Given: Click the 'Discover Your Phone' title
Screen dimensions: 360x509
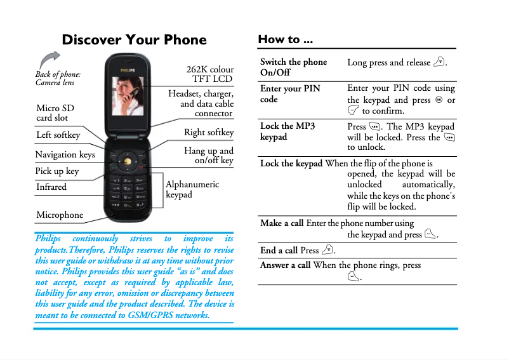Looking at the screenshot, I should point(134,40).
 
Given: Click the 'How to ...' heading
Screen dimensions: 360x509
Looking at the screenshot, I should point(285,39).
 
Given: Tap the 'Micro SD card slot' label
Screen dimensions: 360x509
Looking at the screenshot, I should point(55,113).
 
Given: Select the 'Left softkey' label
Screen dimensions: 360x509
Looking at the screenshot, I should point(58,135).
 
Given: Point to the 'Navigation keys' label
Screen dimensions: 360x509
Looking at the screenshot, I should point(65,154).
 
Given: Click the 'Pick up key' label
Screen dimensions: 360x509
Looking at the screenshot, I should point(57,171).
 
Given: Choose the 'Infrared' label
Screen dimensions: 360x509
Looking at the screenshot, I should point(51,187).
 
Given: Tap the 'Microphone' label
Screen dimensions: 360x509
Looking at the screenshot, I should point(60,215).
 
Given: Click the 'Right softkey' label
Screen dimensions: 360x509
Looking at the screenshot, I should point(209,133).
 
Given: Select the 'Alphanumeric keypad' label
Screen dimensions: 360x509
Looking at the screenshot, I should point(192,189).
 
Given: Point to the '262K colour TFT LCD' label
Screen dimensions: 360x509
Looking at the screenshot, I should point(209,74).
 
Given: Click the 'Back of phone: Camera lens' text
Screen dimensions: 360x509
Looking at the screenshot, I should point(58,78).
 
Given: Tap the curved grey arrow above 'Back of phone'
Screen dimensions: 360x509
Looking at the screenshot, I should point(49,60).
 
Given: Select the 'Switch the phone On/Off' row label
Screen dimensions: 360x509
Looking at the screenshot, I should point(293,67).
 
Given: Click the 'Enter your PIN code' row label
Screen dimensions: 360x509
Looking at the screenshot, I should point(290,94).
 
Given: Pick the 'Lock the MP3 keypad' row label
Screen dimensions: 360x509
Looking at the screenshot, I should point(288,131).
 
